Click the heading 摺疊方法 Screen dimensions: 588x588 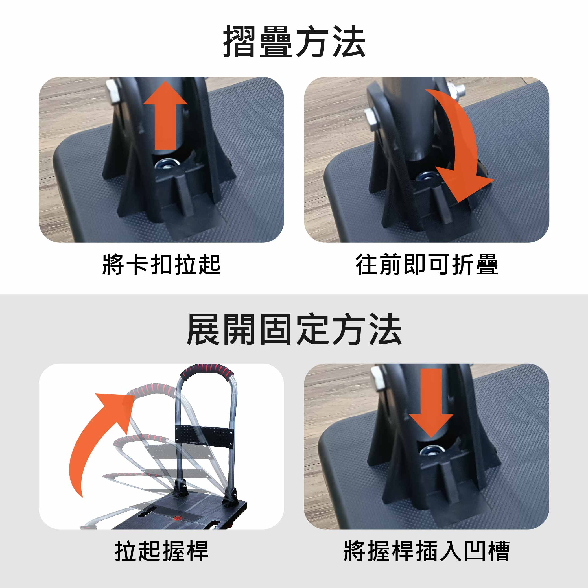[294, 42]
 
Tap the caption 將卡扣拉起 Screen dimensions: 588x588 [161, 265]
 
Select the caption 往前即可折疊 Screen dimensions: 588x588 [427, 265]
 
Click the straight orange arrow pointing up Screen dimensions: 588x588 [165, 116]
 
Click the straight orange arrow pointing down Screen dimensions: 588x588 [431, 403]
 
